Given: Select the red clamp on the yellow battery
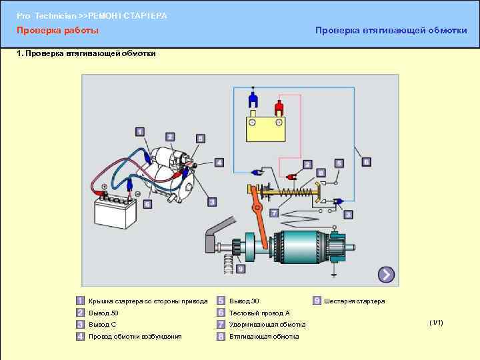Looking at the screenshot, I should pyautogui.click(x=279, y=106).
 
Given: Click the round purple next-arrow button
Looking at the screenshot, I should pyautogui.click(x=386, y=274).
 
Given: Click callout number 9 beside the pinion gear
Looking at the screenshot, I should pyautogui.click(x=240, y=268).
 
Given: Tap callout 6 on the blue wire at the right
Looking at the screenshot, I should pyautogui.click(x=365, y=162).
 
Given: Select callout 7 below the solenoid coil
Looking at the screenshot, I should pyautogui.click(x=274, y=213).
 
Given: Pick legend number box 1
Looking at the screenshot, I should pyautogui.click(x=80, y=301).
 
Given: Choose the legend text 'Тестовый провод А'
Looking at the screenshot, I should pyautogui.click(x=259, y=313).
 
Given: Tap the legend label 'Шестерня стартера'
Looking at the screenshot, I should pyautogui.click(x=354, y=301).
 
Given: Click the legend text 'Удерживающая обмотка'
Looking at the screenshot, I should pyautogui.click(x=267, y=325).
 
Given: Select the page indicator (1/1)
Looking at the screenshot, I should pyautogui.click(x=437, y=323).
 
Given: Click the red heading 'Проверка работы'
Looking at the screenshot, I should pyautogui.click(x=57, y=31).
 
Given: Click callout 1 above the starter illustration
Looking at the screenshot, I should pyautogui.click(x=140, y=131).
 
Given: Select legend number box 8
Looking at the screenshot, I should pyautogui.click(x=221, y=337).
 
